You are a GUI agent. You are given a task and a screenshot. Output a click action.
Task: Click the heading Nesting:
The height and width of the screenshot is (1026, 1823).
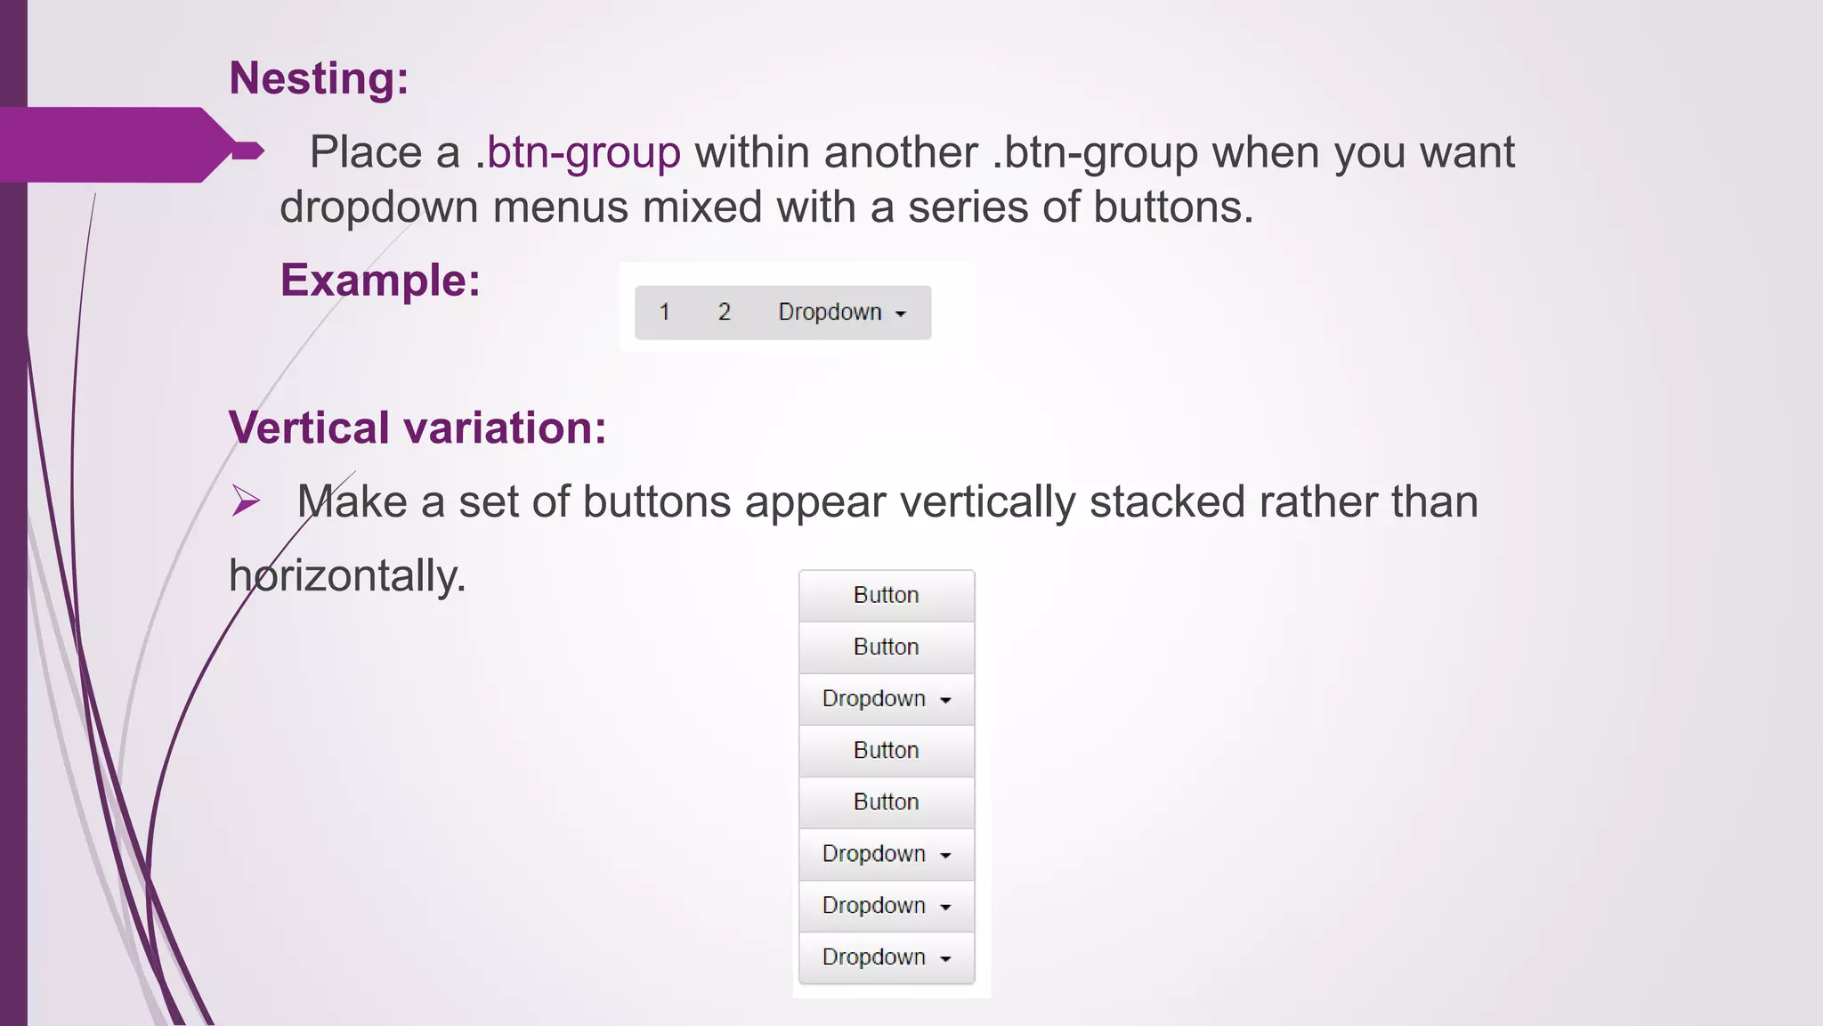pyautogui.click(x=319, y=78)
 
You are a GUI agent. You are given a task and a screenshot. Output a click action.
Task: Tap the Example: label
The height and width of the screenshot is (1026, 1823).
pyautogui.click(x=380, y=281)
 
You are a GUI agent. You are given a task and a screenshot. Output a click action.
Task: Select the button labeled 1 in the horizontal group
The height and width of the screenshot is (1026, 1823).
pyautogui.click(x=664, y=313)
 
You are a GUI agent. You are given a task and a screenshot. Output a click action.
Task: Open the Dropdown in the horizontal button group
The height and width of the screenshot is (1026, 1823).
pyautogui.click(x=840, y=313)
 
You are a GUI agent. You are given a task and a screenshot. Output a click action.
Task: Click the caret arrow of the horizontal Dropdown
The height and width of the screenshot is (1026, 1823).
pyautogui.click(x=901, y=314)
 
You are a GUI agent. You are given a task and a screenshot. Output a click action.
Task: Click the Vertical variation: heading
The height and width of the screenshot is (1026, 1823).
pyautogui.click(x=417, y=427)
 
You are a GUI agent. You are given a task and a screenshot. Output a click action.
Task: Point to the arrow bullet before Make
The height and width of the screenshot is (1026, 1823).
pyautogui.click(x=246, y=501)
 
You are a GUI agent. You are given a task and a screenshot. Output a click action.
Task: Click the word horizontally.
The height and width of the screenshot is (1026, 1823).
pyautogui.click(x=347, y=575)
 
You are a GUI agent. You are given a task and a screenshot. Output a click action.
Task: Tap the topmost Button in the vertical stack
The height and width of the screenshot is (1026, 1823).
pyautogui.click(x=887, y=596)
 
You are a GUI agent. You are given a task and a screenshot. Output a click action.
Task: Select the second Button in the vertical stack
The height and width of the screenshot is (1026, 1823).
pyautogui.click(x=887, y=647)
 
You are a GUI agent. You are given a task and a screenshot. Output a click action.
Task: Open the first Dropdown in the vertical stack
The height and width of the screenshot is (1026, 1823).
pyautogui.click(x=887, y=699)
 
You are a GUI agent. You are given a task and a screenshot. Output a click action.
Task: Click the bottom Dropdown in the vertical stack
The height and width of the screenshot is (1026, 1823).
pyautogui.click(x=887, y=957)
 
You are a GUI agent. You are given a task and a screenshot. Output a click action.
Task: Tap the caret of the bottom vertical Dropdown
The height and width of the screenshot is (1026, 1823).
pyautogui.click(x=945, y=959)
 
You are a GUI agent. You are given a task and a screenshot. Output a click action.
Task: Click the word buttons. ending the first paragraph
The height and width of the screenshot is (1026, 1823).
pyautogui.click(x=1172, y=208)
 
